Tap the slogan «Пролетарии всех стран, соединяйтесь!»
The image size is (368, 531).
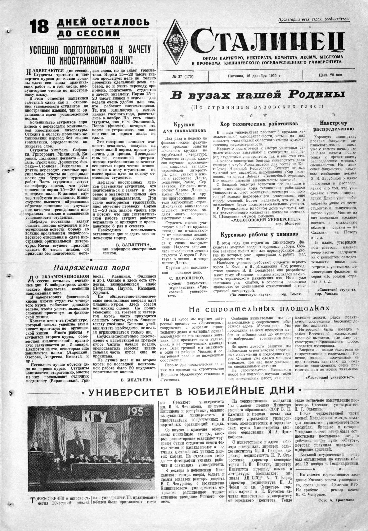coord(314,20)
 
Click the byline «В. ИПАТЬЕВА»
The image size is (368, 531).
coord(134,380)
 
